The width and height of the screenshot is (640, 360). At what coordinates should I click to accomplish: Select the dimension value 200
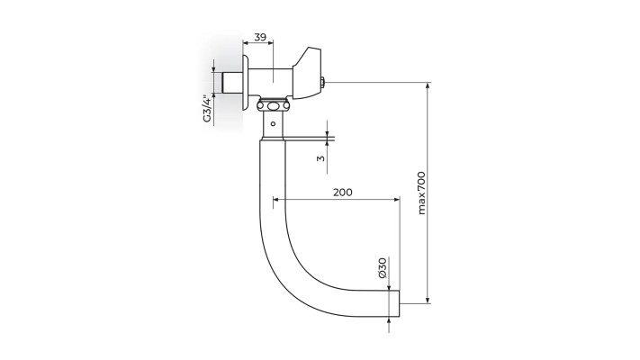coord(342,192)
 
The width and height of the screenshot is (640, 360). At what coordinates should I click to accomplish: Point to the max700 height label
coord(421,193)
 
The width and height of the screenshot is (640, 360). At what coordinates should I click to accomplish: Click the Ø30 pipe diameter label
coord(382,267)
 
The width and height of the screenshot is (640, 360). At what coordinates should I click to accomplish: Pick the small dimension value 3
coord(320,158)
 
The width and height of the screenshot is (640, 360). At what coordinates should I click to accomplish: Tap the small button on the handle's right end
coord(321,84)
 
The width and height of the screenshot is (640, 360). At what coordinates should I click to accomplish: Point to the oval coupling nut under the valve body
coord(273,107)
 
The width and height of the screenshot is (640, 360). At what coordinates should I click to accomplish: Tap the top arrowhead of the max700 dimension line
coord(428,86)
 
